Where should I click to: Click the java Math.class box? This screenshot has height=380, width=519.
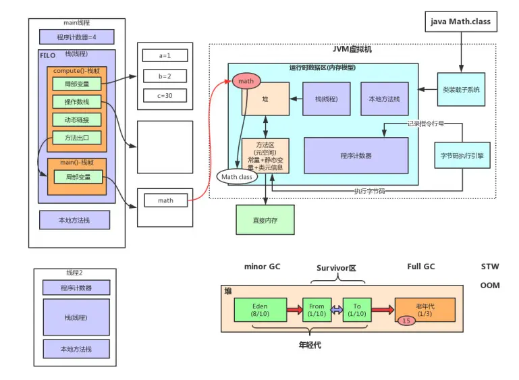(x=461, y=22)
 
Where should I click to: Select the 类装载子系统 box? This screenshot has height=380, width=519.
(x=461, y=89)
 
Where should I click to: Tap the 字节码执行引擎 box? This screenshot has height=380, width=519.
(x=462, y=155)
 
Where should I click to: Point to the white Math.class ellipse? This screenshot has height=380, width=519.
(x=236, y=177)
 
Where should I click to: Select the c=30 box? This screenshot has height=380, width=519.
(x=165, y=96)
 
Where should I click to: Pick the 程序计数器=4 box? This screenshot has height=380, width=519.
(x=76, y=36)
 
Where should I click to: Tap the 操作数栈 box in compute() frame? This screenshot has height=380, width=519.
(x=76, y=102)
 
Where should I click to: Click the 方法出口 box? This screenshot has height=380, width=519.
(x=76, y=138)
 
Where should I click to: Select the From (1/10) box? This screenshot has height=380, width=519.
(x=317, y=310)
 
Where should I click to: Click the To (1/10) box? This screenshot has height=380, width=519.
(x=357, y=310)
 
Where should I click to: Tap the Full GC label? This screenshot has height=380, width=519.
(x=421, y=267)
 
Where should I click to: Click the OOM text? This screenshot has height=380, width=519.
(x=490, y=286)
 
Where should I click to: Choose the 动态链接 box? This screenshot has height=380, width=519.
(x=76, y=120)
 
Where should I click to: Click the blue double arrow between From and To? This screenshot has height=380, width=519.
(x=337, y=310)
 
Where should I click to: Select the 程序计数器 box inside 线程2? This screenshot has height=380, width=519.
(x=76, y=288)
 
